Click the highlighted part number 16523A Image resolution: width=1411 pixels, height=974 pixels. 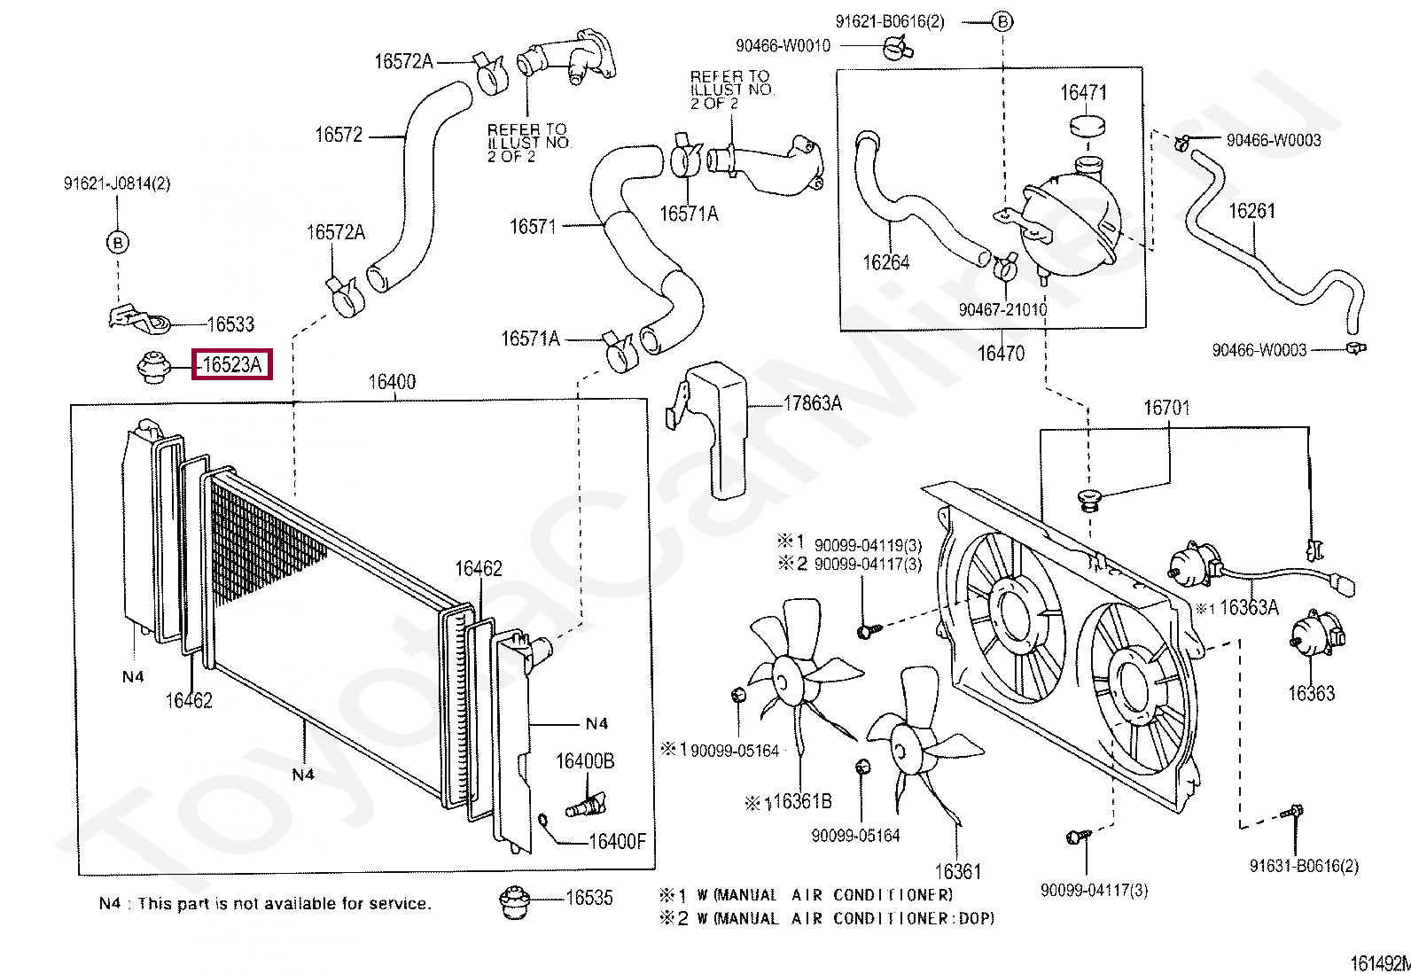(232, 364)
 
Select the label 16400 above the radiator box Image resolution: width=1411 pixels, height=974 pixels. (392, 383)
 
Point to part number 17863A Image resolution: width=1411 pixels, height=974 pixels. (812, 404)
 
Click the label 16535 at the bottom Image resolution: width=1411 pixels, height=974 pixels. (589, 898)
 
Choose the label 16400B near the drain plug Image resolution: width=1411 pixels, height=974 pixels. (585, 761)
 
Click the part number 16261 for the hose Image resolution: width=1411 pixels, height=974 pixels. (1251, 211)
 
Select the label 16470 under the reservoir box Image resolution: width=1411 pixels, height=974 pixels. (1001, 354)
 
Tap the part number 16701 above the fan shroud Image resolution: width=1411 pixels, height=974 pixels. (1166, 409)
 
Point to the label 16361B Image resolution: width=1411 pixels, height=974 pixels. (800, 802)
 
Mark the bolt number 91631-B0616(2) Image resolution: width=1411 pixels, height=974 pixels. (1304, 866)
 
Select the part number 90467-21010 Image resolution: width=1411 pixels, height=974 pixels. (1002, 309)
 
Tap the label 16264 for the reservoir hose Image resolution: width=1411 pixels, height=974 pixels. (885, 262)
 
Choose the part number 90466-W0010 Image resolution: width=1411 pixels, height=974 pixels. (783, 46)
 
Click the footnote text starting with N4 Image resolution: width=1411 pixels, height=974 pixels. (265, 903)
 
